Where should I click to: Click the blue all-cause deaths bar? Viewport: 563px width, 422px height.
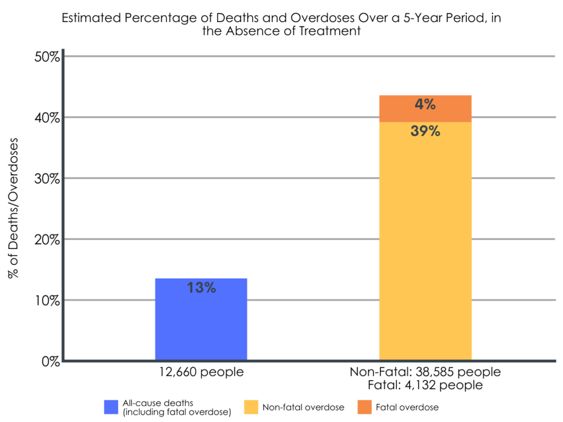[201, 324]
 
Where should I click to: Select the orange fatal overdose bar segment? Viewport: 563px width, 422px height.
[425, 108]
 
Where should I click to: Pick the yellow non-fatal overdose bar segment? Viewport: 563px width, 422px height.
[425, 247]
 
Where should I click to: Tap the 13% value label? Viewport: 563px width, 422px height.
[201, 287]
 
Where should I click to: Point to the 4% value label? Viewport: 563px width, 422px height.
[425, 104]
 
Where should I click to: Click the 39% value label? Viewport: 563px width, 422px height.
[425, 131]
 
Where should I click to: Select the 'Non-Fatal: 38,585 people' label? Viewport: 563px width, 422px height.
[425, 372]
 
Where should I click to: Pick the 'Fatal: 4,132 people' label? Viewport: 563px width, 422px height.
[425, 385]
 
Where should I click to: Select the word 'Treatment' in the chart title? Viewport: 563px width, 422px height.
[330, 31]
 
